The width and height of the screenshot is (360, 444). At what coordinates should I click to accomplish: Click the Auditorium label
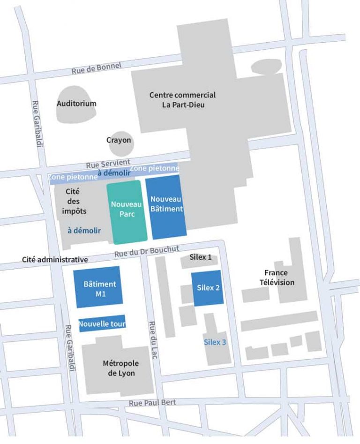coord(76,104)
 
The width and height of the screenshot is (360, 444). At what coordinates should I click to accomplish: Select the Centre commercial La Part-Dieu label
coord(182,100)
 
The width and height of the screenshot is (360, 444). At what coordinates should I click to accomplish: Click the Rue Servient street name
coord(108,164)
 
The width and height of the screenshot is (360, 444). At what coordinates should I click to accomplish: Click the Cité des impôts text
coord(74,201)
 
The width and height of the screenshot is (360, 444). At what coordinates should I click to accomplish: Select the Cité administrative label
coord(55,259)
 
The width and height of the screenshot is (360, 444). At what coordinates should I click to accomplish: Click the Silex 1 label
coord(201,257)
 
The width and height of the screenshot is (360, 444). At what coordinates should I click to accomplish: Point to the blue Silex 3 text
coord(215,342)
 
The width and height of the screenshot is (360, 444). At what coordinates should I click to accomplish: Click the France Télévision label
coord(279,278)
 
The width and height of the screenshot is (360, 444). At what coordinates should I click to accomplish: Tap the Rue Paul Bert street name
coord(150,402)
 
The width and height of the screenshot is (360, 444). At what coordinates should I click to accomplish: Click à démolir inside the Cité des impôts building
coord(84,231)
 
